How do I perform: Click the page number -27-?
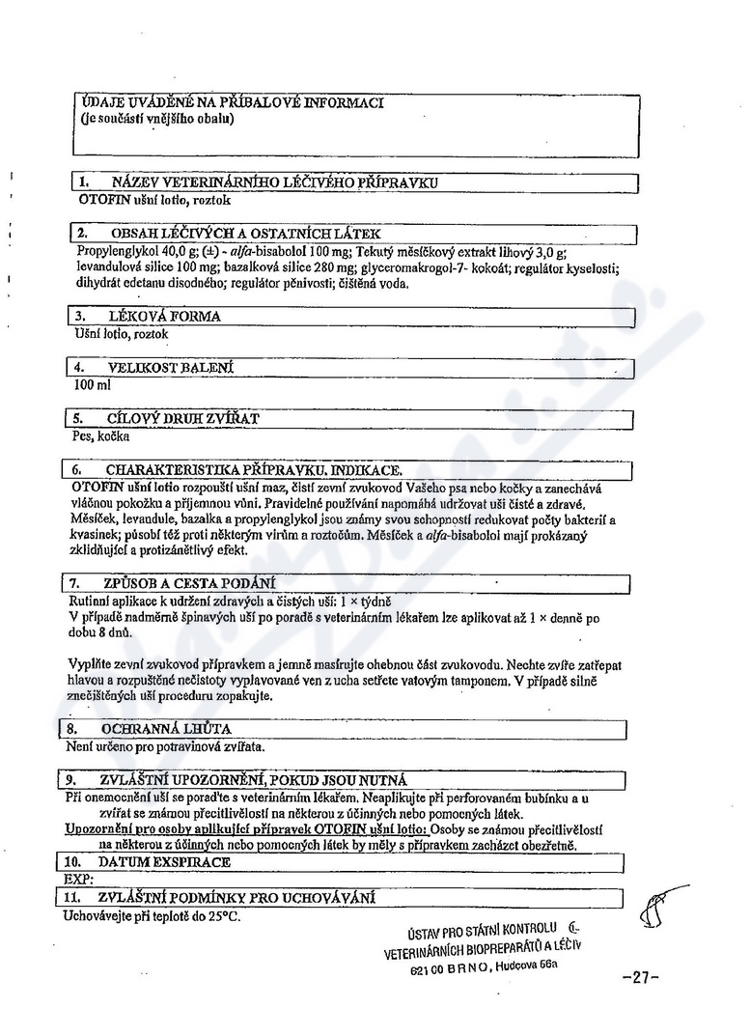tap(641, 976)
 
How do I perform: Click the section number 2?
tap(83, 234)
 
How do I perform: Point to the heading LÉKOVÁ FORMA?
tap(165, 316)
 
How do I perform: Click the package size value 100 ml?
tap(93, 385)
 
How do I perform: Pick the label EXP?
tap(76, 880)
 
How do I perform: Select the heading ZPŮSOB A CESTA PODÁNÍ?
tap(189, 582)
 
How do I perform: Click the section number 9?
tap(70, 779)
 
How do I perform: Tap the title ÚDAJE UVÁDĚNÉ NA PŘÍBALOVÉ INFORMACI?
tap(232, 102)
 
